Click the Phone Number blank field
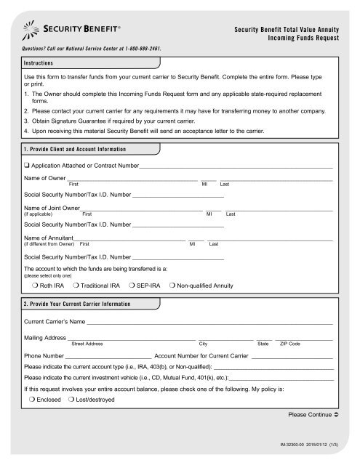point(108,357)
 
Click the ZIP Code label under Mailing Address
point(290,343)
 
